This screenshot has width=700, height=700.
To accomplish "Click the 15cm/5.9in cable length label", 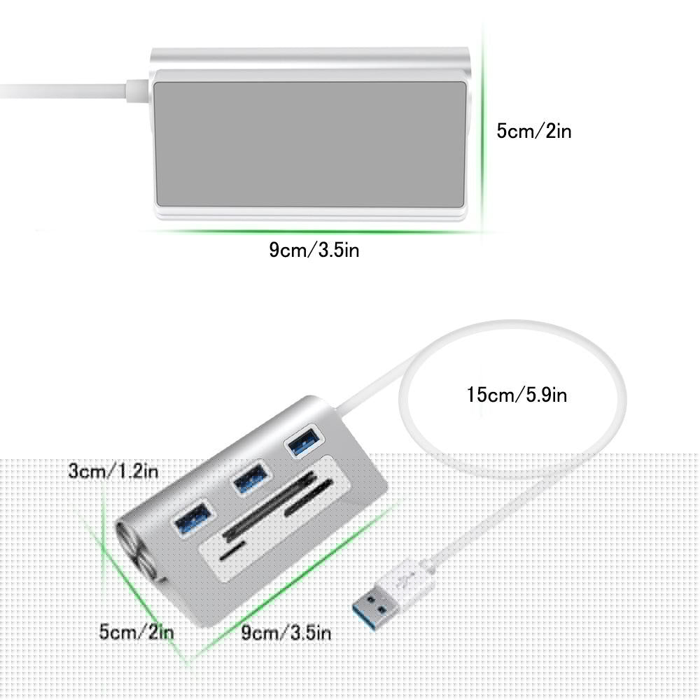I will click(x=517, y=395).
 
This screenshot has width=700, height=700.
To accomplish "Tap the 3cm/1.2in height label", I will click(x=113, y=470).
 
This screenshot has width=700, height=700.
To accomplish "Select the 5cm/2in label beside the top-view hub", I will click(x=533, y=130).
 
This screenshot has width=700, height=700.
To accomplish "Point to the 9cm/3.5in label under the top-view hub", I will click(x=314, y=250).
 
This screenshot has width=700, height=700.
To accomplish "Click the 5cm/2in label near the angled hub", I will click(x=136, y=632).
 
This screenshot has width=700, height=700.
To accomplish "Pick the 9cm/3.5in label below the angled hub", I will click(x=286, y=633).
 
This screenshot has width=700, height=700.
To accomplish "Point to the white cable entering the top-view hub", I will click(x=70, y=90).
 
